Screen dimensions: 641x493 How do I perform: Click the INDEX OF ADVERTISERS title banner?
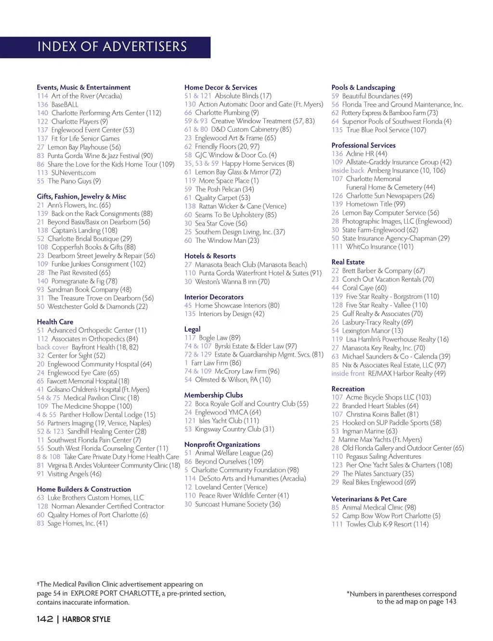pyautogui.click(x=112, y=47)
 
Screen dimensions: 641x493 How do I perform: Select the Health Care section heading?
pyautogui.click(x=55, y=321)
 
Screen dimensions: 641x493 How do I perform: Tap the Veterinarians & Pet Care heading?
pyautogui.click(x=369, y=499)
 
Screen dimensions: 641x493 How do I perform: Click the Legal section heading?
pyautogui.click(x=192, y=329)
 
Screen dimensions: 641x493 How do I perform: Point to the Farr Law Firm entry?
pyautogui.click(x=216, y=363)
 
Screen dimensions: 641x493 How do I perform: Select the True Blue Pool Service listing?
pyautogui.click(x=386, y=130)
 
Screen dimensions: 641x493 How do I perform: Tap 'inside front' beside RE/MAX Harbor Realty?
pyautogui.click(x=348, y=374)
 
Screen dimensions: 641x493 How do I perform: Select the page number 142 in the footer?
pyautogui.click(x=44, y=619)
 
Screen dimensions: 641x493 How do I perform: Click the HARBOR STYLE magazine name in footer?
pyautogui.click(x=86, y=619)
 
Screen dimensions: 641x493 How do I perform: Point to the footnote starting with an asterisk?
pyautogui.click(x=401, y=598)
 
